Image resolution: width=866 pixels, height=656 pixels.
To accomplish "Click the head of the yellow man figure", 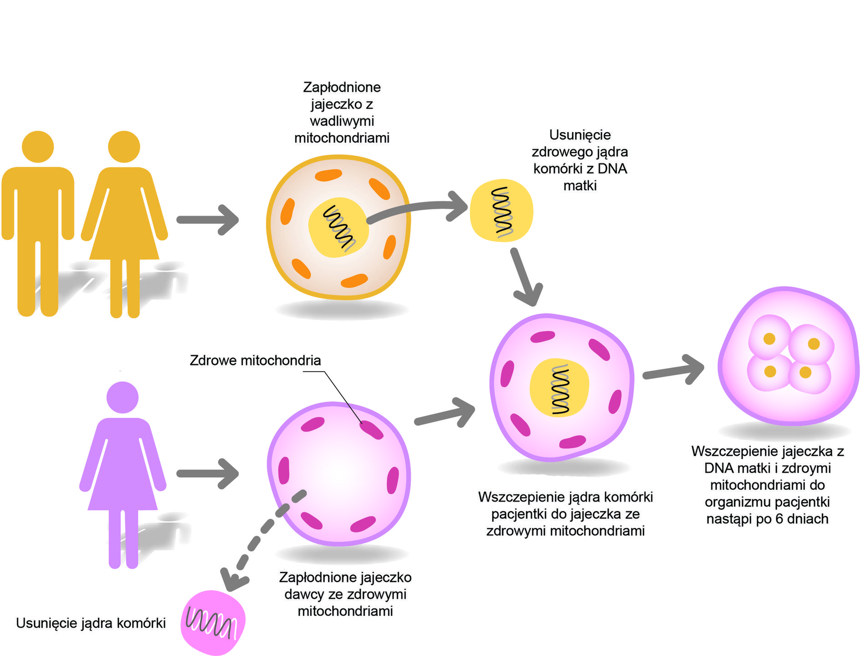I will coord(38,147).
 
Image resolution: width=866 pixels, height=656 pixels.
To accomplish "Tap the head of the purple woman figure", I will coord(122,397).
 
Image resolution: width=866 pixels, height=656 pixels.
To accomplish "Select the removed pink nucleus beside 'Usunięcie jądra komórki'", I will coord(213,622).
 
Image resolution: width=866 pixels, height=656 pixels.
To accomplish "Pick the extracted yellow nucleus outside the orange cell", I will coord(501,210).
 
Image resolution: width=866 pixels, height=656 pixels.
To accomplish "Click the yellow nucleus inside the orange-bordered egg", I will coord(338,227).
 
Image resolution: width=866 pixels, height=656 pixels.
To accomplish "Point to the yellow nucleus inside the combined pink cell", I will coord(559,388).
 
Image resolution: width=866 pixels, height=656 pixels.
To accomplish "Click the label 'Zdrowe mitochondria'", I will coord(255,360).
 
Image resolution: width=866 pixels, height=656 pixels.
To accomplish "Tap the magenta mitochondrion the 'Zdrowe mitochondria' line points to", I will coord(371,430).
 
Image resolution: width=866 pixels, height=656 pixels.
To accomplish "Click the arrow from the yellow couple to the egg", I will coord(207,220).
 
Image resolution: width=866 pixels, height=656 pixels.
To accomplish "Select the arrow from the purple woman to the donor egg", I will coord(207,474).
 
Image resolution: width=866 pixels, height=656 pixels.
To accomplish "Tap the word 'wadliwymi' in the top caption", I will coord(342,121).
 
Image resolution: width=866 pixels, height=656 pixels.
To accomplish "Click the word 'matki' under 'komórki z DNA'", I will coord(579,186).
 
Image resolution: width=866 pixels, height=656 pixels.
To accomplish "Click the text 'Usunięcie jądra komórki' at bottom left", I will coord(91,623).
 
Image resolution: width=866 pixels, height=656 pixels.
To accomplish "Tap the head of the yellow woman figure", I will coord(124,147).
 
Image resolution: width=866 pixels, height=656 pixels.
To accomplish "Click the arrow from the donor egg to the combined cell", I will coord(444,412).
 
